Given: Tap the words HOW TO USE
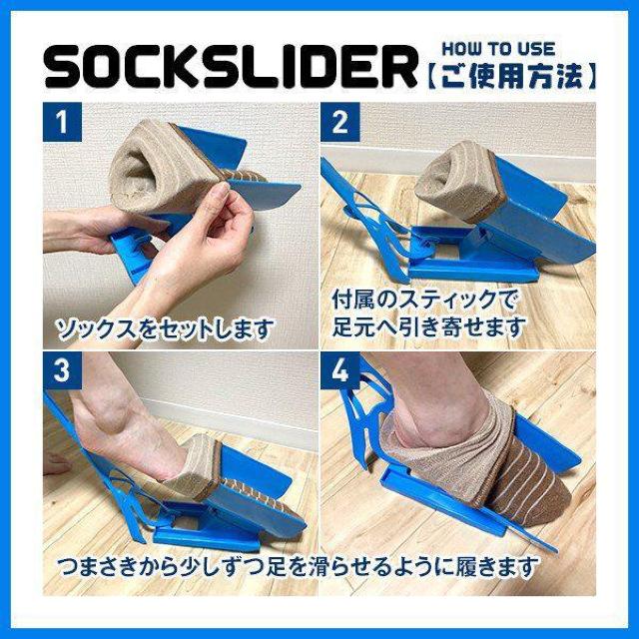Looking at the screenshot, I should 498,47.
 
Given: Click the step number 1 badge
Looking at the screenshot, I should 63,125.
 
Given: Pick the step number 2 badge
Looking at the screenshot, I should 340,125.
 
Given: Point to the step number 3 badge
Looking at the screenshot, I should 63,371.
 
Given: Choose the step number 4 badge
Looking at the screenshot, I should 340,371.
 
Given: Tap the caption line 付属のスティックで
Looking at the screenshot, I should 426,299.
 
